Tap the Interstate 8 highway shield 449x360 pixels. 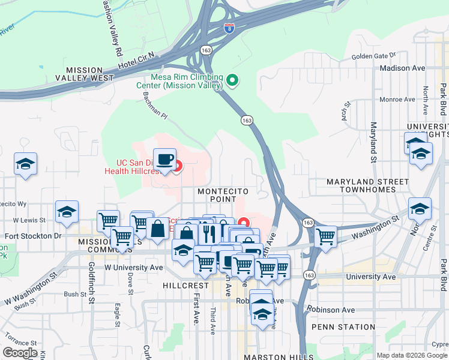[229, 28]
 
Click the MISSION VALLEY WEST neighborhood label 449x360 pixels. [84, 74]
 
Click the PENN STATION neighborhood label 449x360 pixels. [343, 327]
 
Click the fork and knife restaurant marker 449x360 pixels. [208, 230]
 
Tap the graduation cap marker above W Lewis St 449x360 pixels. [67, 211]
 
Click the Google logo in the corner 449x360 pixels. [21, 353]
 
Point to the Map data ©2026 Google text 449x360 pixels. [412, 355]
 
